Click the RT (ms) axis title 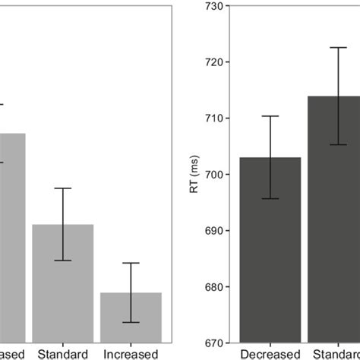coord(195,175)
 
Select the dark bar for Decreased coord(270,251)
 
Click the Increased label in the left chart coord(131,354)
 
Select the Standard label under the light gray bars coord(62,354)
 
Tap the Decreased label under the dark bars coord(270,354)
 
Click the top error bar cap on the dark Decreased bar coord(270,116)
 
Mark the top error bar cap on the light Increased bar coord(131,263)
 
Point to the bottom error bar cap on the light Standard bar coord(62,261)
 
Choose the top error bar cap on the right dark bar coord(337,48)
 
